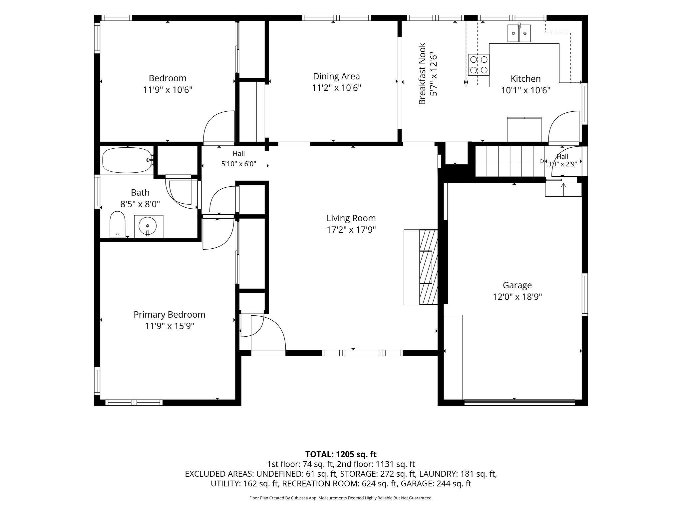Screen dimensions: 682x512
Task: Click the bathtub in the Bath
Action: coord(127,160)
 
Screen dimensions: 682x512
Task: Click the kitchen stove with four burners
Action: coord(478,65)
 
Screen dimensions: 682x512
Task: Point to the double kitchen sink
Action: coord(519,33)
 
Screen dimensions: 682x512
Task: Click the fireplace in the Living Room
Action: coord(421,267)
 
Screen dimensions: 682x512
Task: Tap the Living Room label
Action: coord(351,218)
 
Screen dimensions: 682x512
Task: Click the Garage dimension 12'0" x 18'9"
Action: coord(517,297)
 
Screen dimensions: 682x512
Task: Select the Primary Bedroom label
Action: coord(169,315)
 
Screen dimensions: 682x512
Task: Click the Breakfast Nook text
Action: coord(422,74)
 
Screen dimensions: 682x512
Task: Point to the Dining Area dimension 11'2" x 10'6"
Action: coord(336,88)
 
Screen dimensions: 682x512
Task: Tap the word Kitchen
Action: coord(525,79)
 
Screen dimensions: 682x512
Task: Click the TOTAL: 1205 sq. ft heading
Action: coord(341,454)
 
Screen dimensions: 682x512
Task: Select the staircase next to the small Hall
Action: coord(510,162)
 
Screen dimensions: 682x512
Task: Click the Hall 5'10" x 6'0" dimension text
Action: coord(238,164)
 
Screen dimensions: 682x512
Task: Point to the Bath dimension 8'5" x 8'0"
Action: coord(140,204)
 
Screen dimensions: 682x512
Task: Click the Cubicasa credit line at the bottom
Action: coord(341,498)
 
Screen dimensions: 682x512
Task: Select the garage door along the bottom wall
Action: coord(519,402)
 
